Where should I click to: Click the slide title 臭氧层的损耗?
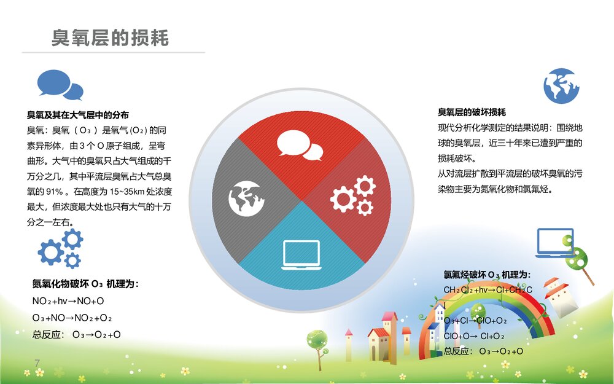click(111, 38)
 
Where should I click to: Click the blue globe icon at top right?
click(561, 85)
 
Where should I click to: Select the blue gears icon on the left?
click(61, 248)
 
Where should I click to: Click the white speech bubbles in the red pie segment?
click(299, 145)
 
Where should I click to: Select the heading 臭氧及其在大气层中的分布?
click(77, 115)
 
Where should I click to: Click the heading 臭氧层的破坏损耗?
click(472, 112)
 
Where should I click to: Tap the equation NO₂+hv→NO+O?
click(68, 301)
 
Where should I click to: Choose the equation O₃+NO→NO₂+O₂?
click(72, 318)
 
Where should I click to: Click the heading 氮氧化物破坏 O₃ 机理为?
click(85, 284)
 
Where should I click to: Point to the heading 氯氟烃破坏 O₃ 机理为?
click(487, 275)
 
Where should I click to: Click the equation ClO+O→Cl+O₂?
click(474, 336)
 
